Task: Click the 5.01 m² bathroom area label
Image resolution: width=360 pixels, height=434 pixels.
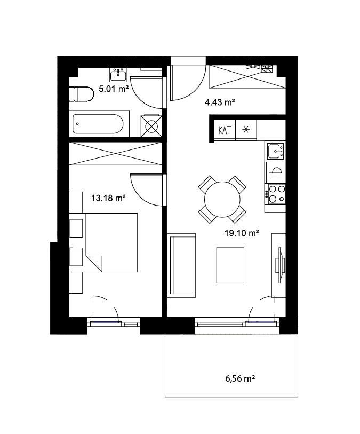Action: [114, 89]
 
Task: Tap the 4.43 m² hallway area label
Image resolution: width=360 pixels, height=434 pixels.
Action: [220, 102]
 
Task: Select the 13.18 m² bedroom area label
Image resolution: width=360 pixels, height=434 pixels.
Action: [108, 198]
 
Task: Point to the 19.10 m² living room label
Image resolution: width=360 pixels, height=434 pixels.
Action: [242, 233]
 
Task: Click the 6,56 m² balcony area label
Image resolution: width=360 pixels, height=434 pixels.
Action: [240, 378]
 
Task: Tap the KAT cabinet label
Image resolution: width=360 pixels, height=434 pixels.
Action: [224, 130]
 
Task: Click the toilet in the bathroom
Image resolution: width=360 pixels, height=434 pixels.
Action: [82, 94]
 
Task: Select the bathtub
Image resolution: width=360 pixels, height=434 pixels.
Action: [98, 124]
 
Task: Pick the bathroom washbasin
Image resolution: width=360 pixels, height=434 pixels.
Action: [118, 75]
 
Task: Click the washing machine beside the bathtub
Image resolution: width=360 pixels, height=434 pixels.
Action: [151, 126]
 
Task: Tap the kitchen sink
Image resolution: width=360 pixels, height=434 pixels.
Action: [275, 151]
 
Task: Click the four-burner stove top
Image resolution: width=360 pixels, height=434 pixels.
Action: [275, 194]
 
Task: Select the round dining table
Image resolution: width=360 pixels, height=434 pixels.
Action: [222, 199]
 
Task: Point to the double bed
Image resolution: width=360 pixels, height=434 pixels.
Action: [111, 242]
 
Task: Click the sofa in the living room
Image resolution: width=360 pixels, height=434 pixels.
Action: [181, 265]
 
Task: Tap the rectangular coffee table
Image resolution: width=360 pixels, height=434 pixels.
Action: [230, 265]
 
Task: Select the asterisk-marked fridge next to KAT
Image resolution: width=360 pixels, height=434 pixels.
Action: [246, 130]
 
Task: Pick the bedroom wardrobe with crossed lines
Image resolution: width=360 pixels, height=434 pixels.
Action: [116, 154]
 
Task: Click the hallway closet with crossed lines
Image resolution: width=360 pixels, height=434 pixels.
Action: [247, 77]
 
